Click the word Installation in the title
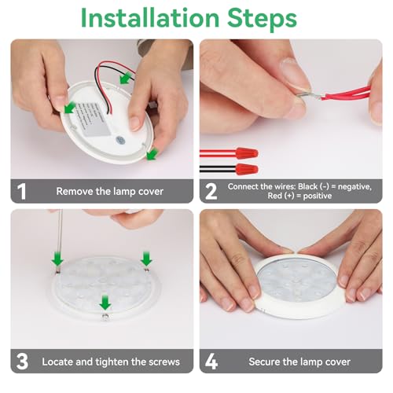point(150,17)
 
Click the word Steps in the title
point(262,20)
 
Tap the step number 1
point(21,192)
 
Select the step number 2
point(211,192)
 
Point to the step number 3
point(22,362)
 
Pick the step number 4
point(211,362)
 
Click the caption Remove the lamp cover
point(110,192)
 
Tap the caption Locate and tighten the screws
point(111,362)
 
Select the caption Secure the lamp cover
point(299,362)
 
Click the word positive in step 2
point(318,196)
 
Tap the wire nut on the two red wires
point(247,153)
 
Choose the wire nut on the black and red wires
point(247,169)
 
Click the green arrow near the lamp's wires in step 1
point(126,78)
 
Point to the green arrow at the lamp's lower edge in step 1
point(152,154)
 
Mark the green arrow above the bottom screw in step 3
point(105,302)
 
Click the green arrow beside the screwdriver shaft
point(57,259)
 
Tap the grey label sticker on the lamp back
point(93,120)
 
